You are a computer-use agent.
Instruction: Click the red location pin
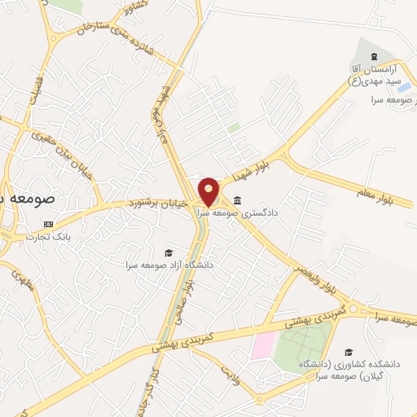(x=209, y=191)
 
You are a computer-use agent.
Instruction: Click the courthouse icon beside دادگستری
(x=237, y=201)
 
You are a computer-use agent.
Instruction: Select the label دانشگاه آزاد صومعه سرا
(x=169, y=264)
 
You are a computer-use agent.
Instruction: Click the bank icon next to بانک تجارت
(x=48, y=225)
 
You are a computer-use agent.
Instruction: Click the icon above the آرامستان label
(x=373, y=56)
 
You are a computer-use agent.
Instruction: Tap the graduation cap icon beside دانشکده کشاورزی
(x=349, y=352)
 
